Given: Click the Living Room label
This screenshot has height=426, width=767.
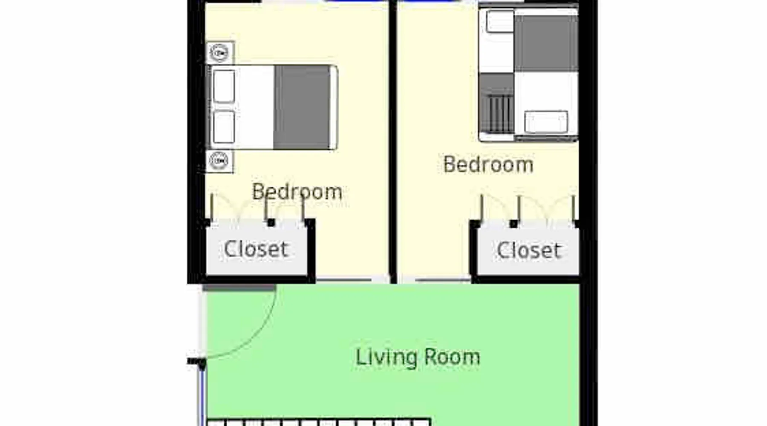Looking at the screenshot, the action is click(x=418, y=357).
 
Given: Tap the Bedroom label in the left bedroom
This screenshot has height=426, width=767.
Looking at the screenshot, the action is click(x=297, y=192).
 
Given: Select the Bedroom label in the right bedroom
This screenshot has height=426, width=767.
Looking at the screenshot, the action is click(x=488, y=164).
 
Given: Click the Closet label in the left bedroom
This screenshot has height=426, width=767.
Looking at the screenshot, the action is click(x=256, y=249).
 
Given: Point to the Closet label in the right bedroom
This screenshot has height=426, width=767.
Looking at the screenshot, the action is click(x=528, y=250).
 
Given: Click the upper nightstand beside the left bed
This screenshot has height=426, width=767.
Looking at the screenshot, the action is click(x=220, y=53).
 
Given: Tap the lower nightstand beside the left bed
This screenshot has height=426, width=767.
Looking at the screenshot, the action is click(x=219, y=161).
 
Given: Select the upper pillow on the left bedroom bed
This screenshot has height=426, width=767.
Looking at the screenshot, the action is click(x=224, y=86).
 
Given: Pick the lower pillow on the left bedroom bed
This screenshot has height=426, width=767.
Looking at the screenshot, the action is click(x=224, y=127).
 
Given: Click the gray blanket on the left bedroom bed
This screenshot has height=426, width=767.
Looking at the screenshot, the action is click(x=302, y=107).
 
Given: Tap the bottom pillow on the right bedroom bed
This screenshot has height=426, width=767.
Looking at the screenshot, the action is click(x=546, y=122).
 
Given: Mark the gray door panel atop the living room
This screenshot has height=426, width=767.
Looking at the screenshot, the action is click(x=239, y=288).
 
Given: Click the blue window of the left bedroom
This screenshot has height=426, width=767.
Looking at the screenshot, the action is click(x=355, y=1).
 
